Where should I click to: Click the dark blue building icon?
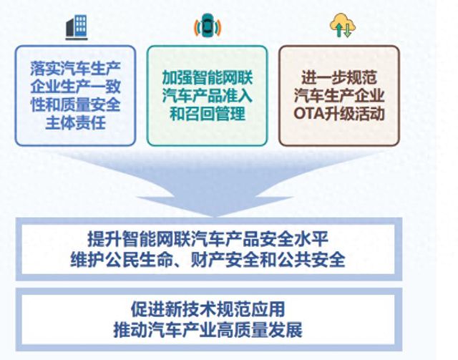[76, 26]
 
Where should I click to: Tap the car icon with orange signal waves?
[207, 27]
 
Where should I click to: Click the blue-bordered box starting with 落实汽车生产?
[75, 96]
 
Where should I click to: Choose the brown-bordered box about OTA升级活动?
[338, 96]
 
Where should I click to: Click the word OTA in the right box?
[308, 115]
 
